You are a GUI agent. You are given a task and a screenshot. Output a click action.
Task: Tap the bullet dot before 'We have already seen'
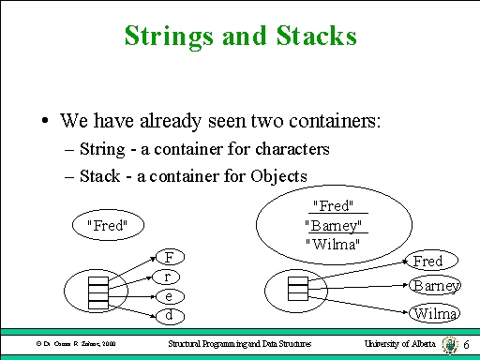(x=45, y=122)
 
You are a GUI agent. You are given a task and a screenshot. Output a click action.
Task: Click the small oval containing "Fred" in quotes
(x=106, y=225)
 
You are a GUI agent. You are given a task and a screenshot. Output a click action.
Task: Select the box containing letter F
(x=168, y=257)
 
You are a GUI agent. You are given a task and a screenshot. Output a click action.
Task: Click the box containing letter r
(x=168, y=277)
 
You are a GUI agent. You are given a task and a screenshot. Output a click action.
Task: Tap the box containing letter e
(x=168, y=296)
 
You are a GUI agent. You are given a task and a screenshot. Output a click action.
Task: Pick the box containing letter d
(x=168, y=316)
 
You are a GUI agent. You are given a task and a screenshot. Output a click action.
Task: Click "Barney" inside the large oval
(x=336, y=225)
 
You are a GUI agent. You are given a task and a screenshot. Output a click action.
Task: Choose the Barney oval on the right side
(x=436, y=286)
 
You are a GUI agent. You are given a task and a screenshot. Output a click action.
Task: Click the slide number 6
(x=467, y=346)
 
